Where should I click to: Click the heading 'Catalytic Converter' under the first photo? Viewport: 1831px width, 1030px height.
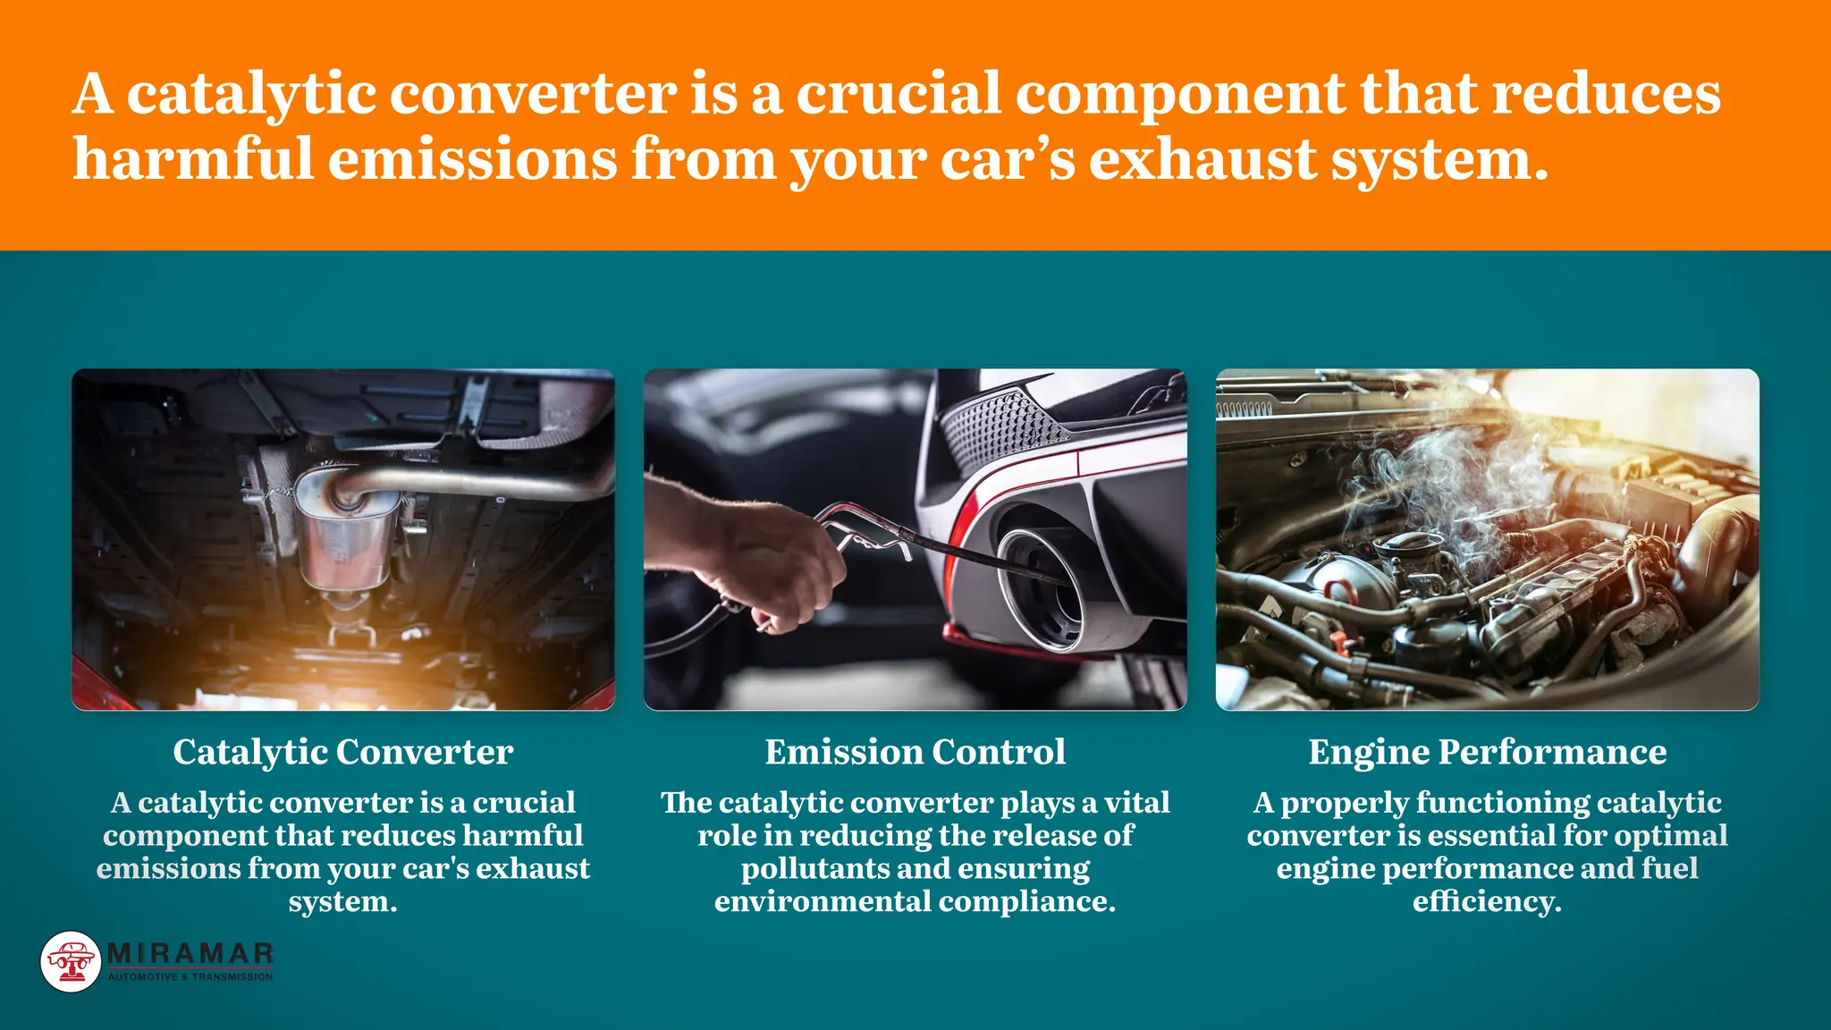coord(342,752)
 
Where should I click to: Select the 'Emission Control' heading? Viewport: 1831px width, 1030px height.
coord(915,752)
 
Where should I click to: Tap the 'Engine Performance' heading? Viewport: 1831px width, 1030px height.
coord(1487,752)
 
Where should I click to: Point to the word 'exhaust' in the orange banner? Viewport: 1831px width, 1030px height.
coord(1202,159)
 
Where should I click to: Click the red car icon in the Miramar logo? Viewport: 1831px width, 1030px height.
coord(71,961)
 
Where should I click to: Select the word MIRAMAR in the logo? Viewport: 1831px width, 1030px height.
coord(190,954)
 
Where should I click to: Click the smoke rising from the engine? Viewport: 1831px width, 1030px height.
coord(1448,474)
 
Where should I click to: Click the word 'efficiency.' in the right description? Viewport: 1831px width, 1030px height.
coord(1487,901)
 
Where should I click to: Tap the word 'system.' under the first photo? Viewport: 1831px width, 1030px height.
coord(342,901)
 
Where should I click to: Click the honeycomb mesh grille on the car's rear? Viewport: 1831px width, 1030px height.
coord(1001,429)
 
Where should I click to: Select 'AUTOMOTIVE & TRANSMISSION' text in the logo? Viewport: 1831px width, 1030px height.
coord(190,977)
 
